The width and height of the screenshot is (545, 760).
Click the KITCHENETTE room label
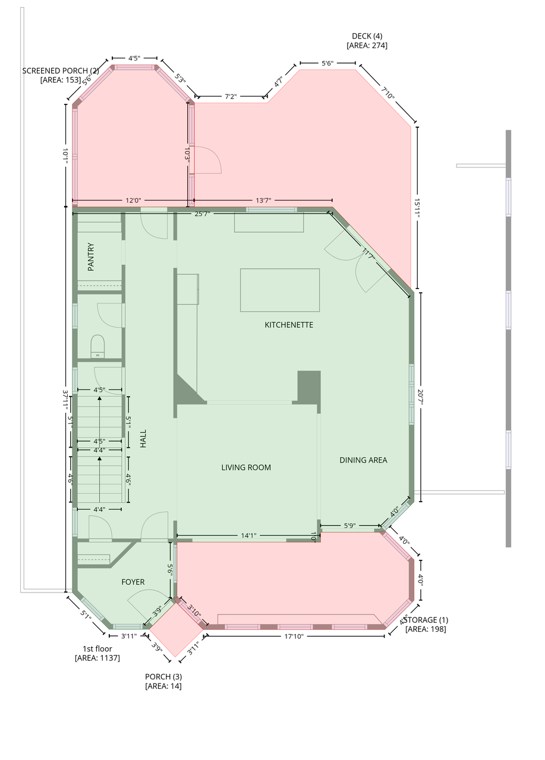point(289,325)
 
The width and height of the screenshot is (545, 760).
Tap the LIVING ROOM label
point(246,467)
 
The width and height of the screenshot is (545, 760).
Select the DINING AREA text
point(363,460)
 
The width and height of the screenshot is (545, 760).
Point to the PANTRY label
point(91,257)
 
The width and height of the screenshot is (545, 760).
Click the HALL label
point(143,439)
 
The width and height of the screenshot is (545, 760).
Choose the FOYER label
point(133,582)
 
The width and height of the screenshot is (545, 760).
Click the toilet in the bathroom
point(97,346)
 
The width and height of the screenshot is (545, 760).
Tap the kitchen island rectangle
point(280,290)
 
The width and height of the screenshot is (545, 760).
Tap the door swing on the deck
point(207,160)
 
